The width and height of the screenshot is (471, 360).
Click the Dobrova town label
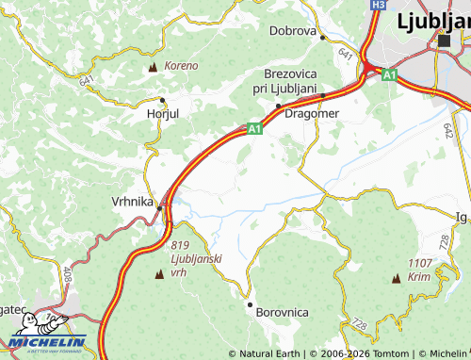292,30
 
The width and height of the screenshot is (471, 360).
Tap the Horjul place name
163,113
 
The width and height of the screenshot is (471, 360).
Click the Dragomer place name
311,113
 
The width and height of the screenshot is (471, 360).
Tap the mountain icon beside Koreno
154,68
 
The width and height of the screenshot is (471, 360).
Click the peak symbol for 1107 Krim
397,279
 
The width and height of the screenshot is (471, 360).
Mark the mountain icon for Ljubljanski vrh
158,274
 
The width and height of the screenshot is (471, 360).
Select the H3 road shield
378,5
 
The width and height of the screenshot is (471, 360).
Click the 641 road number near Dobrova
346,55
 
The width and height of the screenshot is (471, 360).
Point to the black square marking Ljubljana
444,41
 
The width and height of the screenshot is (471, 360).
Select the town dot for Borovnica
250,304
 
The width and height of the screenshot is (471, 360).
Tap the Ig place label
461,217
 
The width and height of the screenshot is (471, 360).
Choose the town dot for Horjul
162,99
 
